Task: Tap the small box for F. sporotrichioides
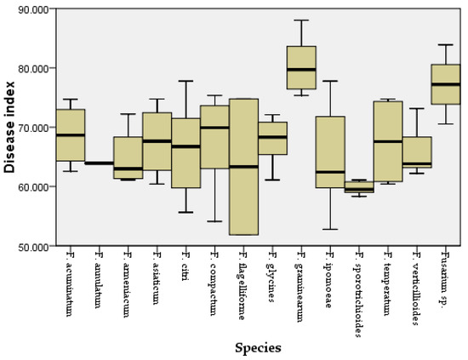point(359,186)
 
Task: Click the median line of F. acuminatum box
point(70,134)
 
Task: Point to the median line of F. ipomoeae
point(330,172)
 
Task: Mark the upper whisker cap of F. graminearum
point(301,20)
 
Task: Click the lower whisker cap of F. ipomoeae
point(330,229)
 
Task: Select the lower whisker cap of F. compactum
point(214,221)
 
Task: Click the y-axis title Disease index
point(9,128)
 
